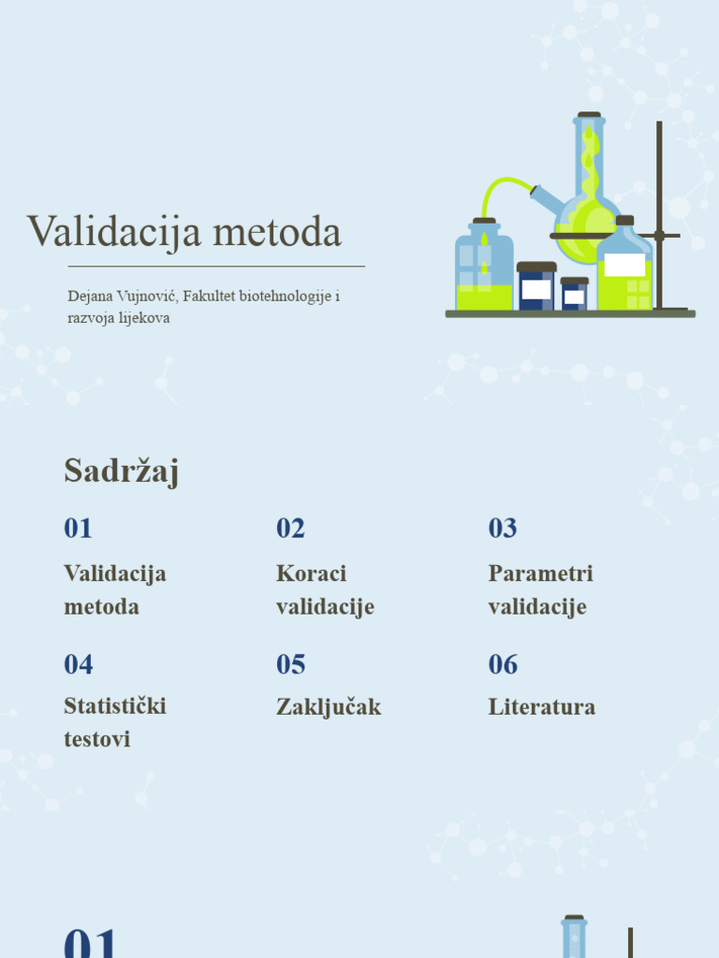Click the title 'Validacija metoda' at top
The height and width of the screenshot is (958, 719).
(183, 232)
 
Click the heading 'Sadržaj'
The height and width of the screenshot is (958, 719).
(121, 471)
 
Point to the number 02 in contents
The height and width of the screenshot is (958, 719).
(290, 529)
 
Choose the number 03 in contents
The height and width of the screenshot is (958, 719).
(503, 529)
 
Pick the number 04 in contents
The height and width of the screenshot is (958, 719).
(79, 665)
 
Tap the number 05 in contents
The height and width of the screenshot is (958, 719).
(290, 665)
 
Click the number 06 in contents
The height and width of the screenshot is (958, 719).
(503, 665)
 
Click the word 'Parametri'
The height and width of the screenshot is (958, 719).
(540, 573)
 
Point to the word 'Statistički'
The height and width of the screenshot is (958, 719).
(115, 705)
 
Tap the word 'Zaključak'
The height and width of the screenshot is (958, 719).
(329, 707)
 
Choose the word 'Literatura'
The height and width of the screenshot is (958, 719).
(541, 707)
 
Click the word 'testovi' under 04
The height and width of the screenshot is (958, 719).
(97, 739)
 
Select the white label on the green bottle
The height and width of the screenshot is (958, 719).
(624, 265)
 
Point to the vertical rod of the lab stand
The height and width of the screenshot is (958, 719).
(659, 215)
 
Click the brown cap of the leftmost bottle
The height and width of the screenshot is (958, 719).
(484, 222)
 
